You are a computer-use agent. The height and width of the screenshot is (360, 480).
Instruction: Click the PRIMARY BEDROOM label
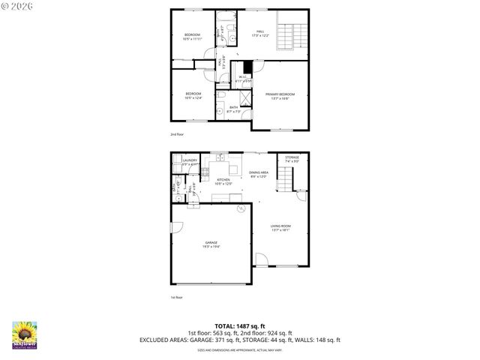[280, 95]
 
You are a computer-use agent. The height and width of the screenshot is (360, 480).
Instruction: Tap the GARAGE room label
[211, 244]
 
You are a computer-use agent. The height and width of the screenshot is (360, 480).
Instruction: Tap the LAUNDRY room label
[189, 161]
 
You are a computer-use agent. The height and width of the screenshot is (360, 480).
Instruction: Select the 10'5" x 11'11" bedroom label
[193, 37]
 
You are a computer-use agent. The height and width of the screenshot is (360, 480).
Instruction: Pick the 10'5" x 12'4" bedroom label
[193, 95]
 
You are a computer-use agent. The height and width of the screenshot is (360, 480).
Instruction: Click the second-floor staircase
[292, 34]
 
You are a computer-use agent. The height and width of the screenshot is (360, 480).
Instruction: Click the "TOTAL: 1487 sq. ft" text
[239, 326]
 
